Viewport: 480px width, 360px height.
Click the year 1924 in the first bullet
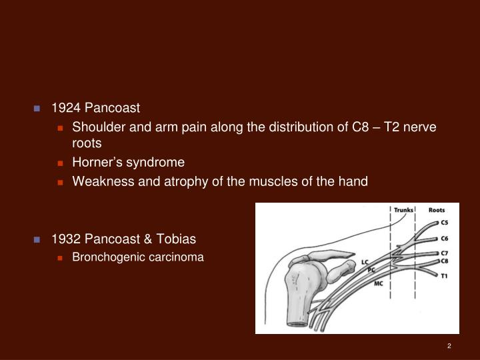click(65, 108)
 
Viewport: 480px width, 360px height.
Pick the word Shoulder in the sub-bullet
click(97, 127)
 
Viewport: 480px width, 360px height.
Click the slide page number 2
click(449, 345)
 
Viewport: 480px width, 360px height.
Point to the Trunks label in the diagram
click(403, 211)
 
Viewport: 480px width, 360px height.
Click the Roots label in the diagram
click(437, 211)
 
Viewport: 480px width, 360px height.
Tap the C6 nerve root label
click(444, 238)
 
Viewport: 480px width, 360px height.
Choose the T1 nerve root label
click(443, 275)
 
